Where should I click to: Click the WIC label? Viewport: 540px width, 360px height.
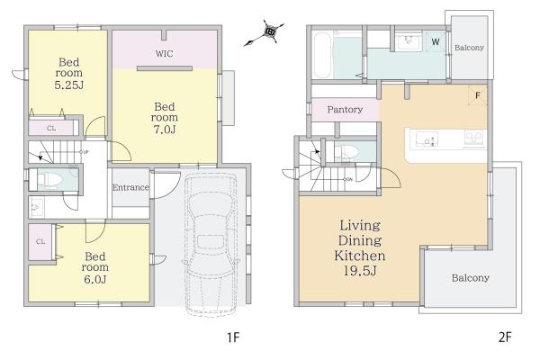point(164,54)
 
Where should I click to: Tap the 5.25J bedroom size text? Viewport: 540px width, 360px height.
point(69,85)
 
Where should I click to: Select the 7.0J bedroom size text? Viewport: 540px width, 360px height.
point(165,130)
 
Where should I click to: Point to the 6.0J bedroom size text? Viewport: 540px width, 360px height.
point(95,279)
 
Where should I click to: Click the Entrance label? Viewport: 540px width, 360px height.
point(130,187)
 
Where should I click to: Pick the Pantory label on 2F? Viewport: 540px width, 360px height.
point(345,110)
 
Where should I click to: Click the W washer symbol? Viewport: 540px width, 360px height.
point(436,41)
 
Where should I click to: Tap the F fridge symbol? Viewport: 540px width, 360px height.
point(478,95)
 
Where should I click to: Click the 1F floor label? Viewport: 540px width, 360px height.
point(233,337)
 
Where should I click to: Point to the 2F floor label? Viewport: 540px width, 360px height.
point(505,337)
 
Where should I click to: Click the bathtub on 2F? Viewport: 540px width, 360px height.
point(323,55)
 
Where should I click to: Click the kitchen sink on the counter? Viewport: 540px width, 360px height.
point(427,139)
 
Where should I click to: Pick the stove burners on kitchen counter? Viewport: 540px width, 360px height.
point(474,138)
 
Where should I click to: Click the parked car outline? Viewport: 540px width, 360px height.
point(211,245)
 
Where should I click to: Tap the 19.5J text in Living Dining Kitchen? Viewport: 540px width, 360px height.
point(360,271)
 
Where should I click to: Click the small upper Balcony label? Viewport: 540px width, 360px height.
point(469,48)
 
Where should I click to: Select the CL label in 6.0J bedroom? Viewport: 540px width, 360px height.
point(40,241)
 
